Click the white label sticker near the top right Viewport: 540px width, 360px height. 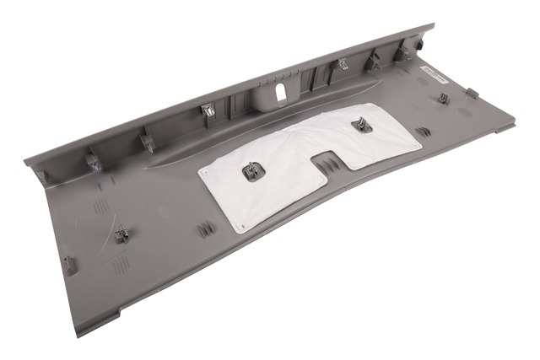[435, 74]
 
